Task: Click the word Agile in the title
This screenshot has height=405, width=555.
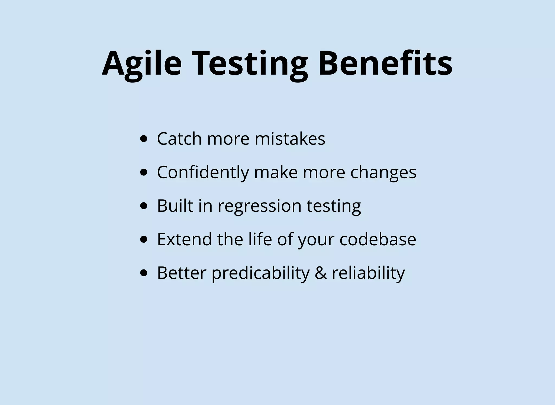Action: [x=142, y=64]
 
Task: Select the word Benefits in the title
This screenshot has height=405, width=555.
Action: [x=385, y=64]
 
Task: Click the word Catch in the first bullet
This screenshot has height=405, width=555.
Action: [x=179, y=139]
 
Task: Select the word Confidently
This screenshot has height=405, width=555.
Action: [x=203, y=172]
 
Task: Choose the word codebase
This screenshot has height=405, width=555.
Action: [x=377, y=239]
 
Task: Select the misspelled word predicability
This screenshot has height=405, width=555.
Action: [x=260, y=273]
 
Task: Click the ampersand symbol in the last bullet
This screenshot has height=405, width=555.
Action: [x=321, y=273]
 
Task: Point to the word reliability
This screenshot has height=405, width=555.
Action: [x=368, y=273]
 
